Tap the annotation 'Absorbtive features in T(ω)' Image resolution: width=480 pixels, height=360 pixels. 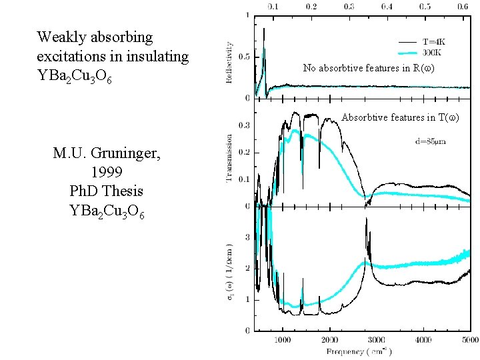tap(400, 118)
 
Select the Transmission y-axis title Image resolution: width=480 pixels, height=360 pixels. tap(230, 159)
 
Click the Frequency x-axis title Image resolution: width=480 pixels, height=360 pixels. tap(359, 351)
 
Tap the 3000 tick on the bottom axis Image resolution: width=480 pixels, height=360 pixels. tap(376, 339)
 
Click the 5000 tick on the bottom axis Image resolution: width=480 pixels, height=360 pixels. tap(469, 339)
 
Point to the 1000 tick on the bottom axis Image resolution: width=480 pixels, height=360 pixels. tap(283, 339)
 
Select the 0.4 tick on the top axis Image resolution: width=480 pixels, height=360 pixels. tap(387, 6)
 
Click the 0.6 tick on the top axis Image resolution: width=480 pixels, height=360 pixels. tap(462, 6)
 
